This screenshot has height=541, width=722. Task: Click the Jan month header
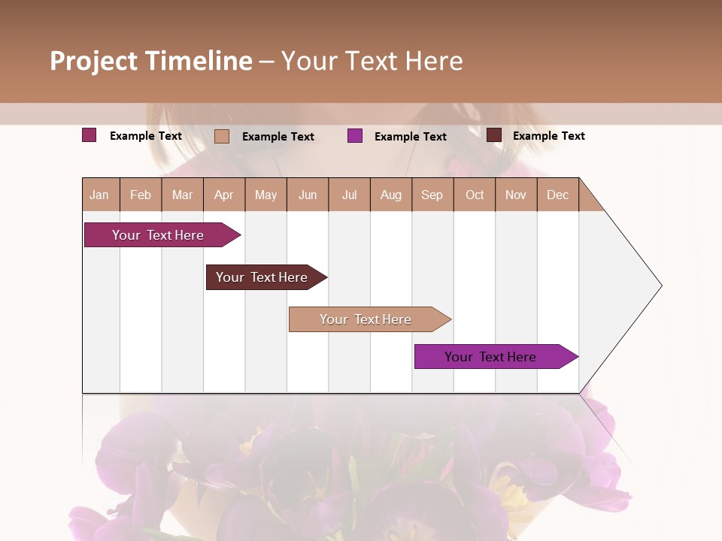point(100,195)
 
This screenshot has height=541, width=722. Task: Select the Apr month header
point(224,195)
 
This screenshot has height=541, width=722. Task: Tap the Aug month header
point(391,195)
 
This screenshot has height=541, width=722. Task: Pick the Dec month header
point(558,195)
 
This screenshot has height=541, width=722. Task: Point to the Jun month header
point(308,195)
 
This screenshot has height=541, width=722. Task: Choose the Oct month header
point(475,195)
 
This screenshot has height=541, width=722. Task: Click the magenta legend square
point(89,135)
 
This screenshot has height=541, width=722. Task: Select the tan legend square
point(222,136)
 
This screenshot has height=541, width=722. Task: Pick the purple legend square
point(355,136)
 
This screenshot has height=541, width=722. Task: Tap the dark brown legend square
point(494,135)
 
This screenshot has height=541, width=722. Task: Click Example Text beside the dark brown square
point(549,136)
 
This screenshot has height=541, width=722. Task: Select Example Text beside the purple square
point(411,137)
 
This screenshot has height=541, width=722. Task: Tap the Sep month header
point(432,195)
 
